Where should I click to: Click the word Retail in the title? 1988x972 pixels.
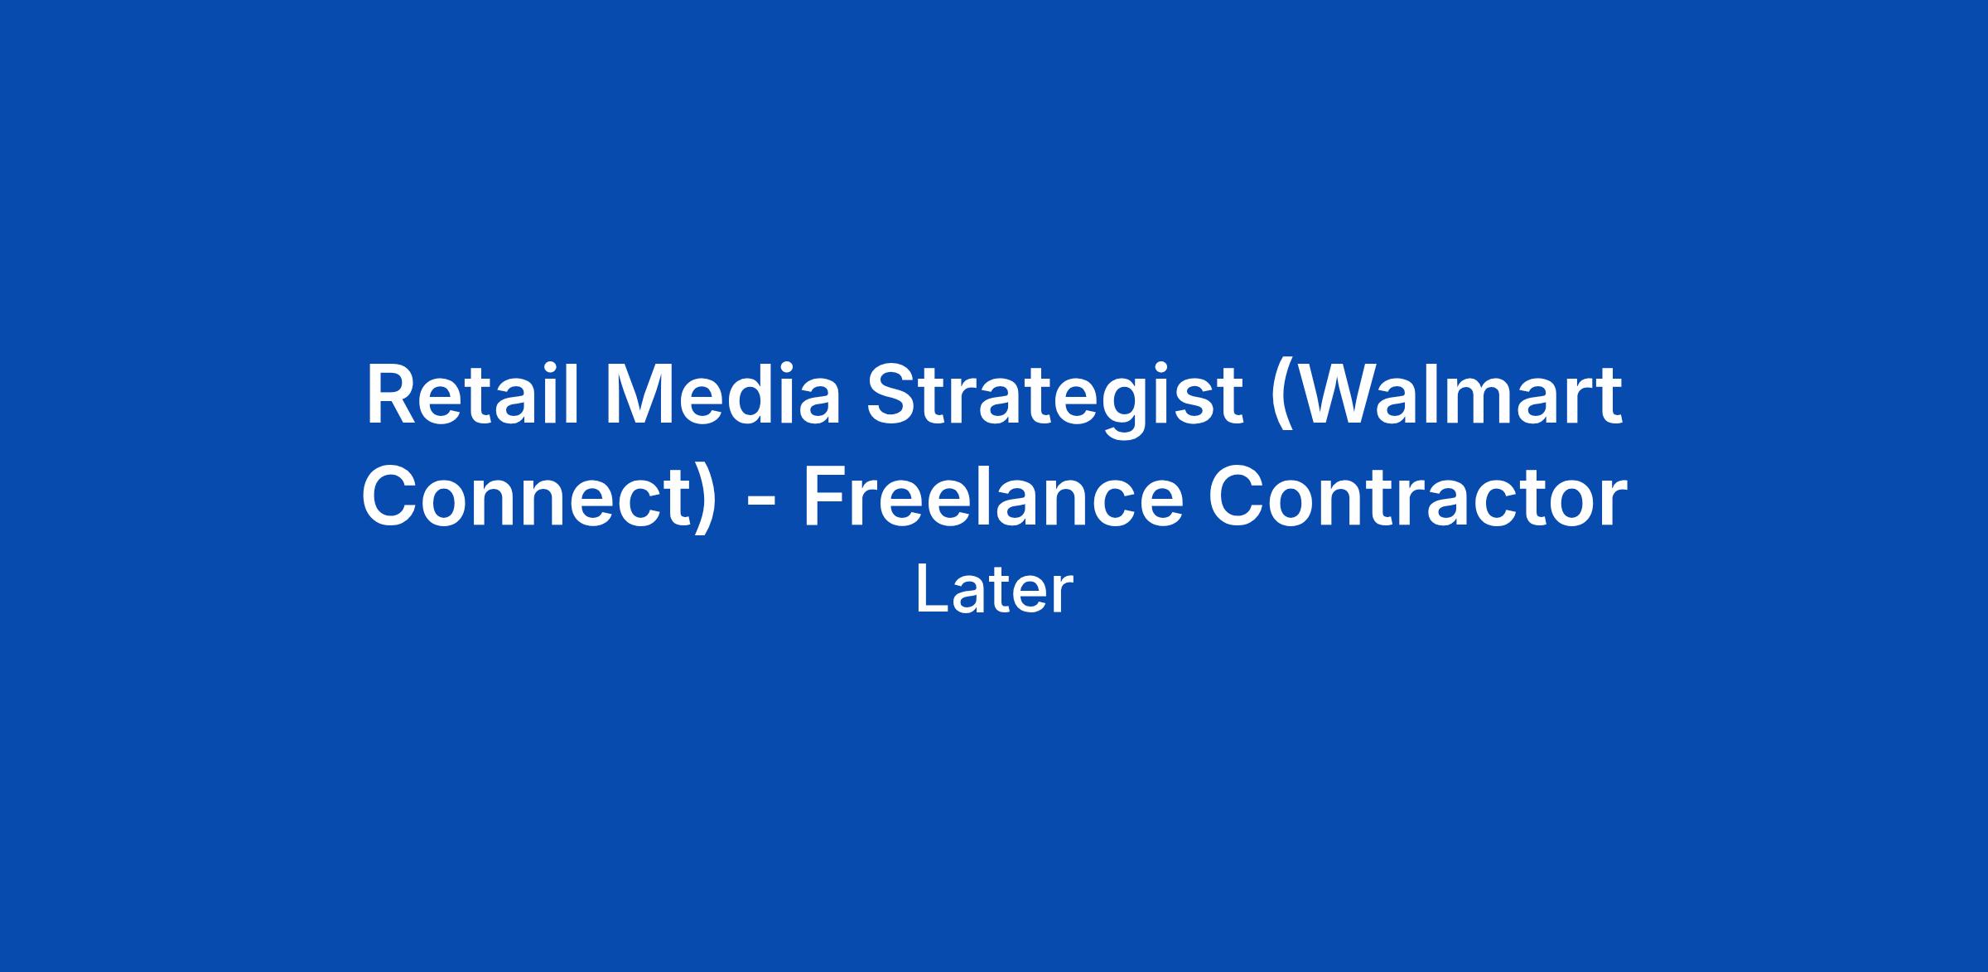click(x=472, y=395)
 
